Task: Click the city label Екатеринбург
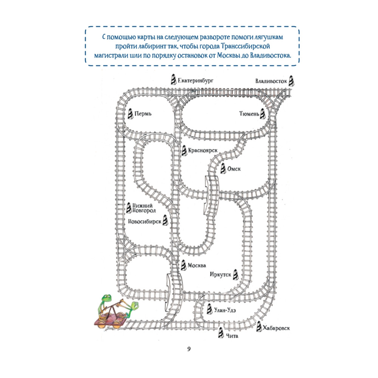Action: [x=196, y=81]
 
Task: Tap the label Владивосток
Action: [x=271, y=81]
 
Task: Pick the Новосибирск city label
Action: [x=145, y=222]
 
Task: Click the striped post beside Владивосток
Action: [x=292, y=81]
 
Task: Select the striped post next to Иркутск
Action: [x=235, y=274]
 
